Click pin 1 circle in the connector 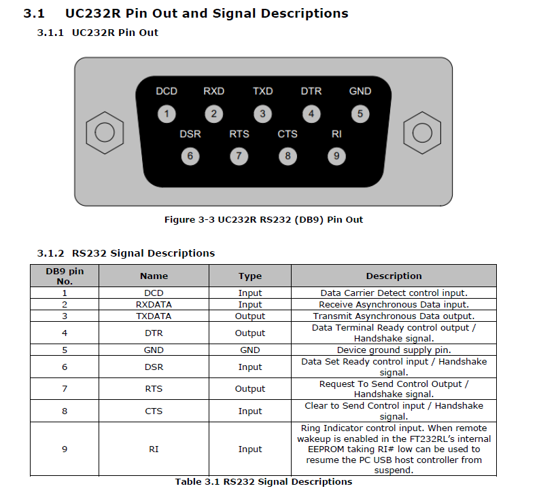click(167, 113)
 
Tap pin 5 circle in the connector click(360, 113)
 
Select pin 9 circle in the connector click(336, 156)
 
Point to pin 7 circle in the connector click(239, 156)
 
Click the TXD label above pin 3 click(262, 91)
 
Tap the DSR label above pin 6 click(190, 134)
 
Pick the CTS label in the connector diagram click(288, 134)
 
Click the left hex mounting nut click(105, 132)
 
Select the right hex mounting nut click(422, 132)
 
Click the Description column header click(394, 276)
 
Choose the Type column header click(250, 276)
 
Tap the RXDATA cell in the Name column click(154, 305)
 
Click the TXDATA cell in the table click(154, 316)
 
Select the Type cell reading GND click(250, 350)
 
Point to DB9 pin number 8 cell click(65, 411)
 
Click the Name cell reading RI click(154, 449)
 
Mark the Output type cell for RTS click(250, 389)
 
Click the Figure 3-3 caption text click(264, 219)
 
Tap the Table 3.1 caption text click(264, 481)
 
